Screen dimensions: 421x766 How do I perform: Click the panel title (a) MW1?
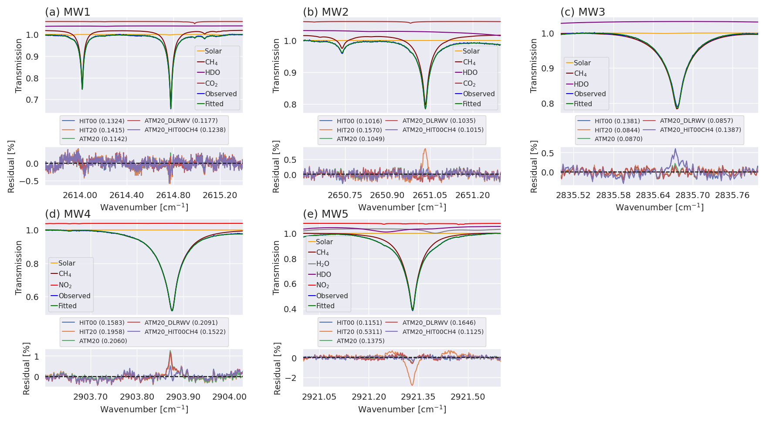(68, 12)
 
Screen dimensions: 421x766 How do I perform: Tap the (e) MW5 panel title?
(325, 214)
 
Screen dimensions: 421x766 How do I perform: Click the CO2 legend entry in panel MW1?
(211, 84)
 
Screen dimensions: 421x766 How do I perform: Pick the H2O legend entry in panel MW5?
(322, 264)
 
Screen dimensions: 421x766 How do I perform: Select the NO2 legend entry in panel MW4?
(65, 285)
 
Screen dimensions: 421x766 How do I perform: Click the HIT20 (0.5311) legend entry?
(359, 332)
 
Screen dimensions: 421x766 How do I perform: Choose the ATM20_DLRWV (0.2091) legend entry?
(181, 323)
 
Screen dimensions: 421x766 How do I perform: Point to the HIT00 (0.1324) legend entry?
(102, 121)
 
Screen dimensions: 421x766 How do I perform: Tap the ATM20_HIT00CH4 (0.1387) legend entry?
(700, 130)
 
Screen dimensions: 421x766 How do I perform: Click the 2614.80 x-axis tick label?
(173, 195)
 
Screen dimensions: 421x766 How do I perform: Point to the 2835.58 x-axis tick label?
(613, 195)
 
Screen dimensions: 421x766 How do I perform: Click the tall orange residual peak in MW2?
(425, 150)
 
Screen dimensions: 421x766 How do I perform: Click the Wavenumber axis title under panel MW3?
(659, 207)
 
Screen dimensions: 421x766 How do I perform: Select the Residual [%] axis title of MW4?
(26, 368)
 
